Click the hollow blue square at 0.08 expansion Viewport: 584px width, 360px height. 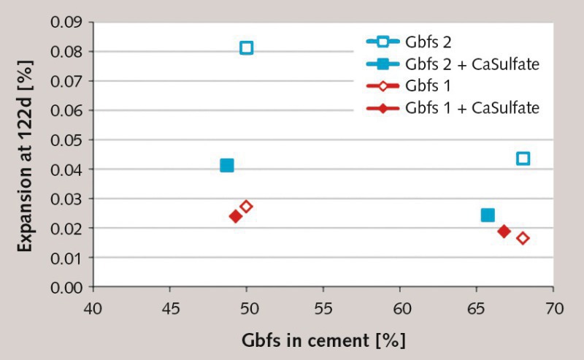point(247,48)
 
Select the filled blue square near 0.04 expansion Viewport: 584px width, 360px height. point(227,166)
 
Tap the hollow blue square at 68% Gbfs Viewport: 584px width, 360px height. point(523,158)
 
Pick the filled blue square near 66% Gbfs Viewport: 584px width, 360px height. point(488,215)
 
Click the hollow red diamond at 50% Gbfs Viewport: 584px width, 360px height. point(246,207)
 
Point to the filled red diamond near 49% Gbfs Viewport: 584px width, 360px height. point(236,216)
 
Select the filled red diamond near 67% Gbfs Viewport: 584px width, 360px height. point(504,231)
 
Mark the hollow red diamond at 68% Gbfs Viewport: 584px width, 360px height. point(523,238)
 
